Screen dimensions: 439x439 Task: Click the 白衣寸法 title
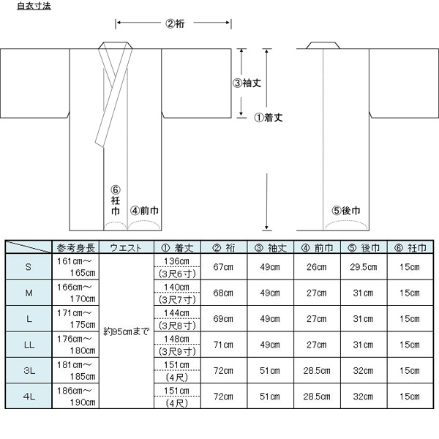(34, 6)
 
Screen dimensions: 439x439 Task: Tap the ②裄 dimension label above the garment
(175, 23)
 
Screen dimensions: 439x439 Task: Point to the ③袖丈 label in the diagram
(247, 83)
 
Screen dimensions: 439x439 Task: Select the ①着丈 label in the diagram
(269, 118)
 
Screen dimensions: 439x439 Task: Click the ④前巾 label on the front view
(144, 211)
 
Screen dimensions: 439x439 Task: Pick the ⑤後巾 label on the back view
(346, 211)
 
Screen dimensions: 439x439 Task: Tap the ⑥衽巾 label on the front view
(116, 200)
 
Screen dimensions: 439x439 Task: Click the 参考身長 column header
(76, 248)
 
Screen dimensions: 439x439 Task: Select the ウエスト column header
(126, 248)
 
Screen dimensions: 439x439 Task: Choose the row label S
(29, 267)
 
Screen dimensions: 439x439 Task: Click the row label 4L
(29, 396)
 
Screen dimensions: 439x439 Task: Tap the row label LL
(29, 345)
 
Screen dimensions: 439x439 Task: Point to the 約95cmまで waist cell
(127, 331)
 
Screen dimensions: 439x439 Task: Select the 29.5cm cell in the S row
(364, 267)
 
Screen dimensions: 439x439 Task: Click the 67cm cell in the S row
(223, 267)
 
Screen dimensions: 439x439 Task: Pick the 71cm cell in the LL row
(223, 345)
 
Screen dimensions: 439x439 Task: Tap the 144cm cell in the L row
(176, 312)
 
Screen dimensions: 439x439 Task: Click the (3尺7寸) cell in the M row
(176, 300)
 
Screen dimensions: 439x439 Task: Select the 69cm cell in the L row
(223, 318)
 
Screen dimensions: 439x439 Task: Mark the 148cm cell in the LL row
(176, 339)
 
